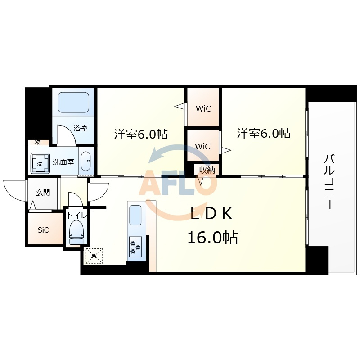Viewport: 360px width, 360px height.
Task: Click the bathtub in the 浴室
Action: click(73, 103)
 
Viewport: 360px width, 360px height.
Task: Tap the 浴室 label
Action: click(81, 128)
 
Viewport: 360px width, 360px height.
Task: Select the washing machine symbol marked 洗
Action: click(40, 163)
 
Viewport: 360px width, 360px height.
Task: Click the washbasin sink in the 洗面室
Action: click(86, 161)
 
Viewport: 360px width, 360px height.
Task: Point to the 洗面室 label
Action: click(63, 162)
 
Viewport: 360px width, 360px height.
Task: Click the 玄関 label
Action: click(43, 193)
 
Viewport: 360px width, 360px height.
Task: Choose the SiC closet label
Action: click(43, 230)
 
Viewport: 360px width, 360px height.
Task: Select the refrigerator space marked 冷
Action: click(94, 256)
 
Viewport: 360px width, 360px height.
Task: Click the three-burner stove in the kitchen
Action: click(135, 247)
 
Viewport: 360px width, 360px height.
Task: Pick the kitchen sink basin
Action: click(135, 215)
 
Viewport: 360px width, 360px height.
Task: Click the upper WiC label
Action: click(203, 108)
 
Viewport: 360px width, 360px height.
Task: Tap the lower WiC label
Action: click(203, 146)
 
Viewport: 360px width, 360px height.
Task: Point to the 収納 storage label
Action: click(207, 170)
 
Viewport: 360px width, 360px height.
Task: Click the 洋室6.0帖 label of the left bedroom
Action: click(141, 134)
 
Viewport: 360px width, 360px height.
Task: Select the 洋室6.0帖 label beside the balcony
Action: click(264, 133)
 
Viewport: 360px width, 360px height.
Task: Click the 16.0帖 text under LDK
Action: click(212, 238)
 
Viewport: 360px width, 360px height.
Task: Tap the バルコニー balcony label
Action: click(329, 182)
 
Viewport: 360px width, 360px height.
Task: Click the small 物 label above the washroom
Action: click(37, 143)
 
